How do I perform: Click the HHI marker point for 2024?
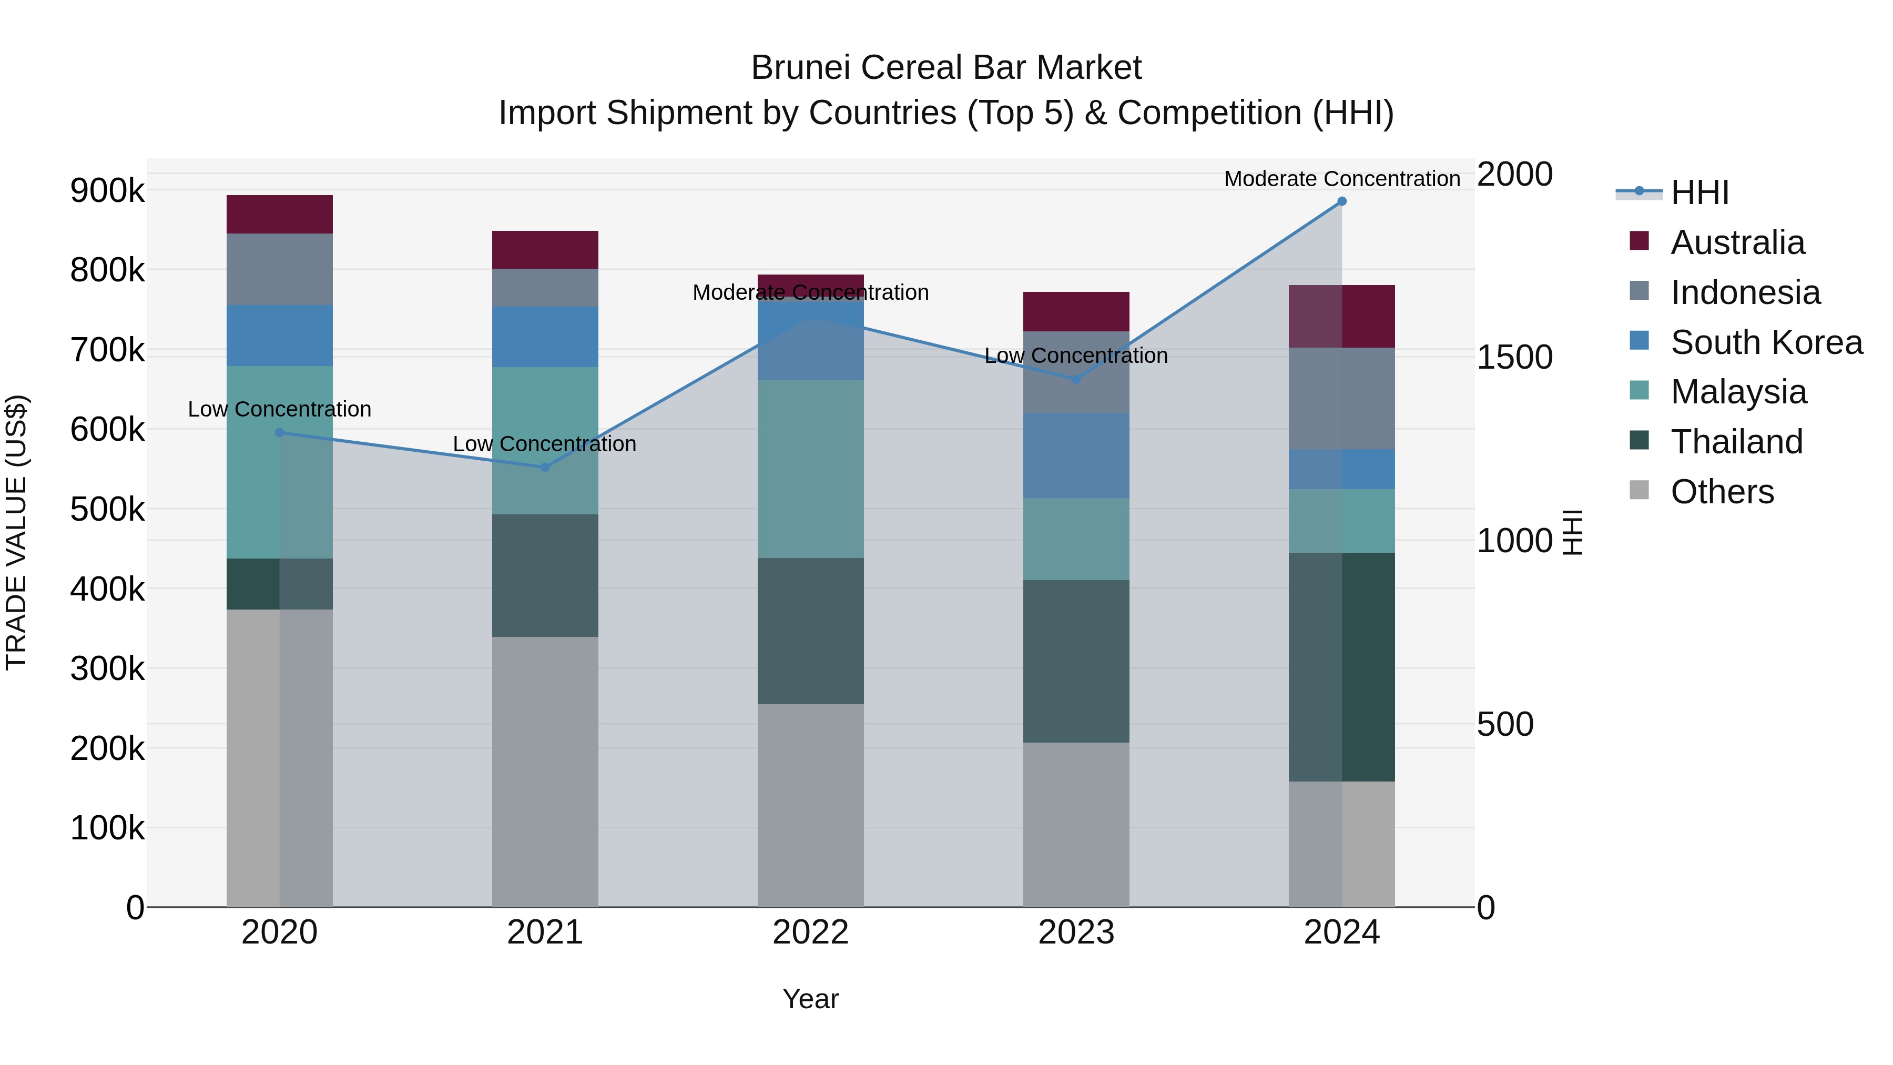[x=1342, y=201]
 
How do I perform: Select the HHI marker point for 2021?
[x=545, y=468]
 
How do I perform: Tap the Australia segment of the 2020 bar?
[x=279, y=215]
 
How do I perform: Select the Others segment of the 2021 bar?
[x=545, y=772]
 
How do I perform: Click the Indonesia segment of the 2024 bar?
[x=1342, y=398]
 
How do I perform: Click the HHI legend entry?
[x=1699, y=192]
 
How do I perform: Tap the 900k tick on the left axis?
[x=107, y=191]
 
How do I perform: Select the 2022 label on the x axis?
[x=810, y=932]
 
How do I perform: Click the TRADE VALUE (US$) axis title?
[x=16, y=532]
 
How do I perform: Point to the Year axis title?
[x=810, y=999]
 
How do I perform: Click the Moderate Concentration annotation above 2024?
[x=1342, y=179]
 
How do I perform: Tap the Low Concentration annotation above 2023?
[x=1076, y=356]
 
